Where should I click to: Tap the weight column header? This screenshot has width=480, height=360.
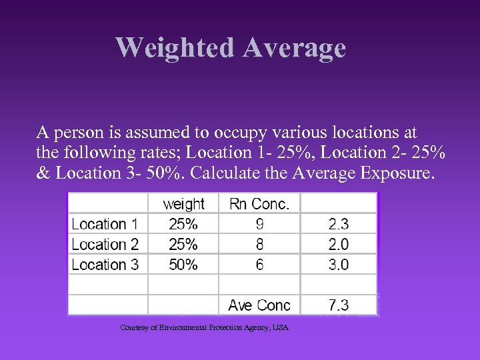pyautogui.click(x=183, y=204)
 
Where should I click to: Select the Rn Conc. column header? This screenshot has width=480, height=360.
pyautogui.click(x=259, y=204)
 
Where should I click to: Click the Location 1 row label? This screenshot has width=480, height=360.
pyautogui.click(x=105, y=224)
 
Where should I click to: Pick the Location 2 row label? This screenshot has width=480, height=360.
pyautogui.click(x=105, y=244)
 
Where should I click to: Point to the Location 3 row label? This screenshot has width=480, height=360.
pyautogui.click(x=105, y=264)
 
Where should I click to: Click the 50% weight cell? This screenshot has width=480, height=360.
pyautogui.click(x=183, y=264)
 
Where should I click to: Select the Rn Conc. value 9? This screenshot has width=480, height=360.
pyautogui.click(x=259, y=224)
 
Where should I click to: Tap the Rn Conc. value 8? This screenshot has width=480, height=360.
pyautogui.click(x=259, y=244)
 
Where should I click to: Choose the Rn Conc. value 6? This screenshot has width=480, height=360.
pyautogui.click(x=259, y=264)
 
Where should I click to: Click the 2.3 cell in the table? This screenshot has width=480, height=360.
pyautogui.click(x=338, y=224)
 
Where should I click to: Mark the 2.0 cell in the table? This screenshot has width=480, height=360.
pyautogui.click(x=338, y=244)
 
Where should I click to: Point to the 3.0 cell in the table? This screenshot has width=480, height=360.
pyautogui.click(x=338, y=264)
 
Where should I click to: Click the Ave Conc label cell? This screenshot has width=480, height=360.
pyautogui.click(x=259, y=305)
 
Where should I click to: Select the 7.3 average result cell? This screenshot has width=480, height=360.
pyautogui.click(x=338, y=305)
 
